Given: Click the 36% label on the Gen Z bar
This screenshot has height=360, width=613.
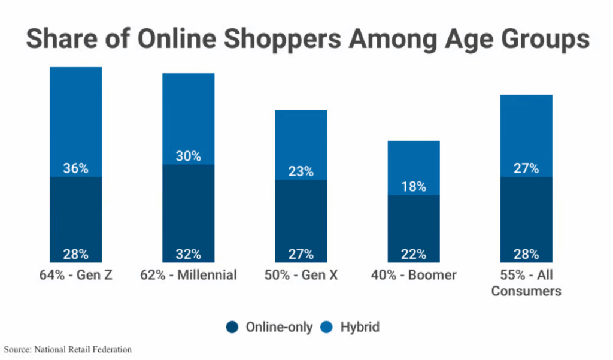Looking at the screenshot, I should coord(76,168).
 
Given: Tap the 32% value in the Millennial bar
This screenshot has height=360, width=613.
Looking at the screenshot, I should coord(189,254).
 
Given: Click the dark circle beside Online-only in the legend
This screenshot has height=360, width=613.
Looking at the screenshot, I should coord(233,327).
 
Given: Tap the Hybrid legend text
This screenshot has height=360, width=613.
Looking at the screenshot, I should coord(360,327).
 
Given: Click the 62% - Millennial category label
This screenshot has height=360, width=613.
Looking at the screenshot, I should coord(189,275).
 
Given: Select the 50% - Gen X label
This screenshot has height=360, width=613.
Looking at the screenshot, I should coord(301,275).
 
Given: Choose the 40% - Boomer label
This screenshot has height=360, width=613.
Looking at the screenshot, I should coord(414,275).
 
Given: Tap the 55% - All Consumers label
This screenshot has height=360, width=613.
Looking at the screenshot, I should coord(526,283).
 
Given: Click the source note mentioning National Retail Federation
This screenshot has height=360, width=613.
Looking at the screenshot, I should coord(68,349).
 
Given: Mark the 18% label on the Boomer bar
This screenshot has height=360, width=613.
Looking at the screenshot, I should coord(414,187).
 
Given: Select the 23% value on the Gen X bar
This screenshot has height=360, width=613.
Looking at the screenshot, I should coord(301,171).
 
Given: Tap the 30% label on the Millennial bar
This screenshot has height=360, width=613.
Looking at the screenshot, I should coord(189,156).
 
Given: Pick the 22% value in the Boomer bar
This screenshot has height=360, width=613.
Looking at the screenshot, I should coord(414,254).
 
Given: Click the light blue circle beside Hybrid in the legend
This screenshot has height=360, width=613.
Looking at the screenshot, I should coord(327,327).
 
